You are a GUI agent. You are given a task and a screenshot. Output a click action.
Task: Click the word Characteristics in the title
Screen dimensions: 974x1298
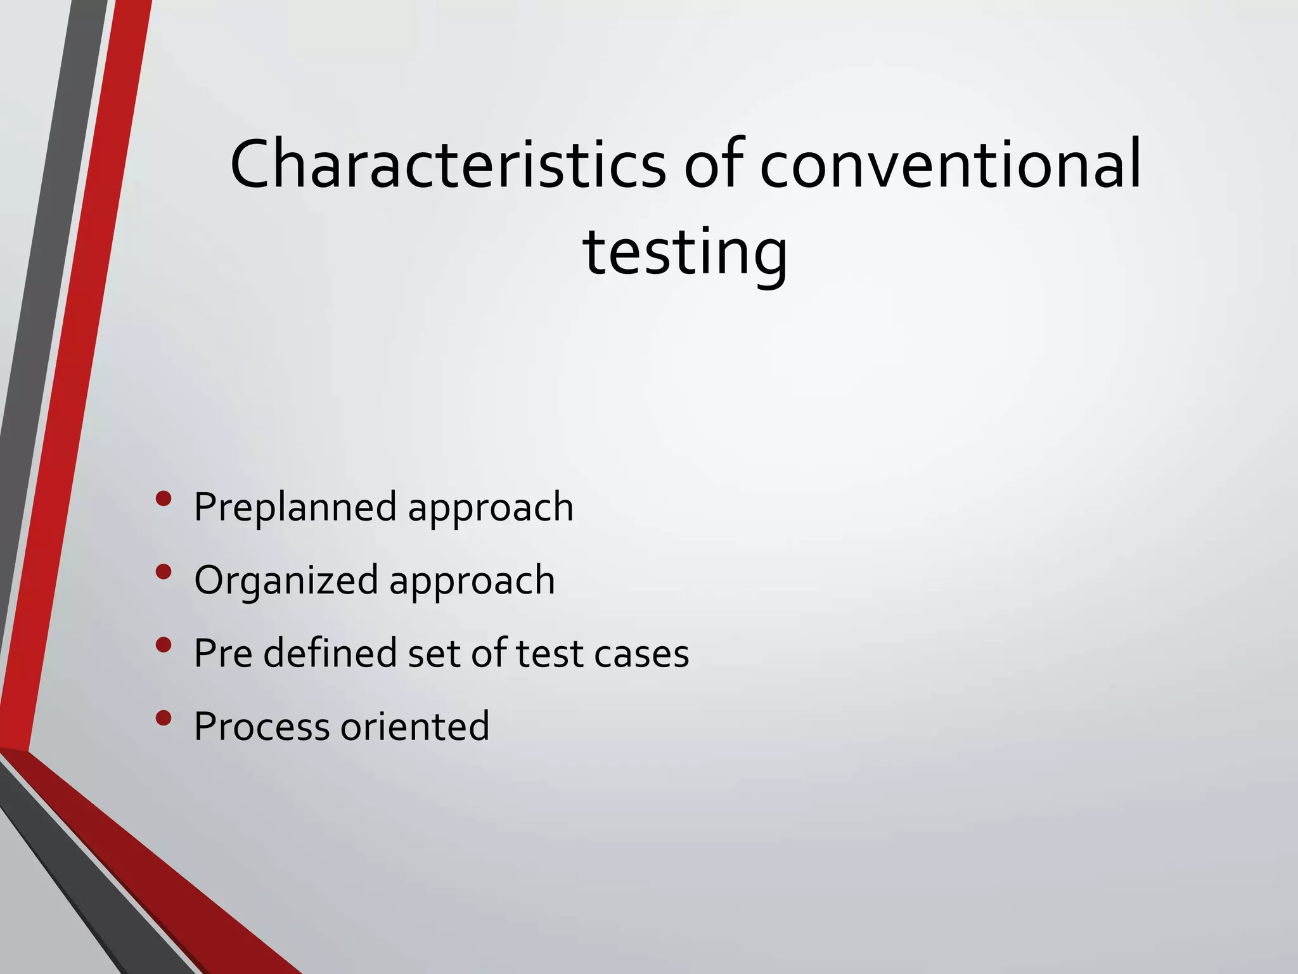[x=447, y=164]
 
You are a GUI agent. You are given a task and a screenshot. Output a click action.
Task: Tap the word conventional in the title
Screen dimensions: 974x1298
[x=950, y=164]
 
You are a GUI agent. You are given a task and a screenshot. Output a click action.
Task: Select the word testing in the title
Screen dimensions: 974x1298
[x=684, y=252]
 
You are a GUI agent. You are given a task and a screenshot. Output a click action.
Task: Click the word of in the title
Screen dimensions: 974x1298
[x=712, y=164]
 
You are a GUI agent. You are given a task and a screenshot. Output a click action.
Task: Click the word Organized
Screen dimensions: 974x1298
[x=286, y=580]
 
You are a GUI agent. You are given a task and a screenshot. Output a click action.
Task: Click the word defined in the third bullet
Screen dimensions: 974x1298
[x=330, y=653]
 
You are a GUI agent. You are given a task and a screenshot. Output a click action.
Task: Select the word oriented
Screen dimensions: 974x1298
[x=415, y=726]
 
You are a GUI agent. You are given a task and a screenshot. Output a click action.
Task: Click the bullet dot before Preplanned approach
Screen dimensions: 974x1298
[x=164, y=498]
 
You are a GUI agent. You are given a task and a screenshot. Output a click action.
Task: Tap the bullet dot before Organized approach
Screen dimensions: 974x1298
[x=164, y=572]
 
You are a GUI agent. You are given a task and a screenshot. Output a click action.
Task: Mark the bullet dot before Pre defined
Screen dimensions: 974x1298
[x=164, y=645]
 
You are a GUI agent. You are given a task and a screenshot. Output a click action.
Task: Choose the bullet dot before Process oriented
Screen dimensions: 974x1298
[x=164, y=718]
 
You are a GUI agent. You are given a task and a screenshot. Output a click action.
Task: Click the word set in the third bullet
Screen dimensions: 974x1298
[x=434, y=653]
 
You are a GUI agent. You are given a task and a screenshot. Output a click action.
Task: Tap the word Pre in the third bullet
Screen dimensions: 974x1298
[x=223, y=653]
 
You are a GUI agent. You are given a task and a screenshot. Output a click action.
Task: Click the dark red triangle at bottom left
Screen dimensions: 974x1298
[x=158, y=888]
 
